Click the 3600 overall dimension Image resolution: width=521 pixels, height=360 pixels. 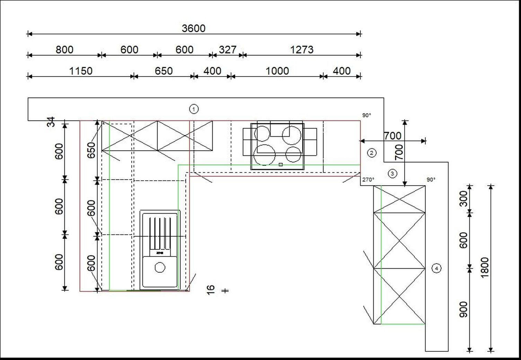tap(194, 28)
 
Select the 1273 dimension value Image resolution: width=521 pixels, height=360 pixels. tap(302, 50)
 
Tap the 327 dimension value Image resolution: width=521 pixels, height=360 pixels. tap(228, 50)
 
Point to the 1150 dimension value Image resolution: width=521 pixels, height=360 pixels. tap(81, 71)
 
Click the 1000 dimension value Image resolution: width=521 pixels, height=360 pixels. tap(277, 71)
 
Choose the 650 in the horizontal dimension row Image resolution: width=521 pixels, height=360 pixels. tap(164, 71)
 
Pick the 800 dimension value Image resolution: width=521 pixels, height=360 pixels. tap(64, 50)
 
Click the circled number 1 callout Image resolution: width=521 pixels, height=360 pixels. tap(194, 109)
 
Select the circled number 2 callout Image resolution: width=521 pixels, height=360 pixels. tap(371, 153)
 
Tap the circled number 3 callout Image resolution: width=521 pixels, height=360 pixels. tap(392, 173)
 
